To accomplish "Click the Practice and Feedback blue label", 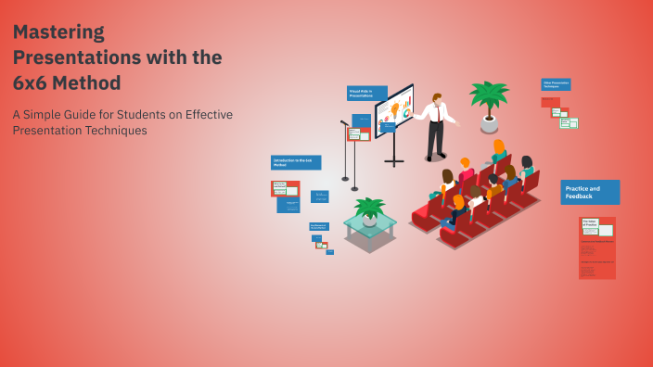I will tap(590, 192).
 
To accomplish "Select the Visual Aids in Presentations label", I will tap(366, 93).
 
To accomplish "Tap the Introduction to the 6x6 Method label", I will tap(295, 162).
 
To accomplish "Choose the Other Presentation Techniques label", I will tap(556, 84).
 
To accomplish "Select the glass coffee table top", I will tap(370, 222).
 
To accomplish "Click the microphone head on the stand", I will tap(342, 121).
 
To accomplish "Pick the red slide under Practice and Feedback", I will tap(596, 247).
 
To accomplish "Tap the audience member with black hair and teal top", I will tap(526, 169).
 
